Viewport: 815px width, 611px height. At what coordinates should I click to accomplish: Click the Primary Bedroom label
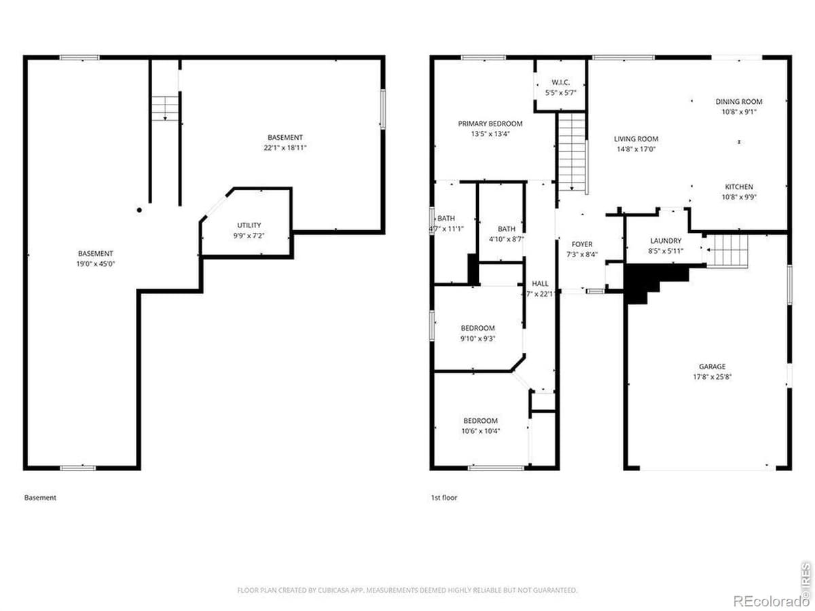(x=490, y=124)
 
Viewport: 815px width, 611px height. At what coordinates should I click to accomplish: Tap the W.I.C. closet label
(x=560, y=82)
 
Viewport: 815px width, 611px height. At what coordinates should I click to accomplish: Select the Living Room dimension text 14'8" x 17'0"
(x=636, y=149)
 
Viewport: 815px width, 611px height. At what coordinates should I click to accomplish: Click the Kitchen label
(x=739, y=187)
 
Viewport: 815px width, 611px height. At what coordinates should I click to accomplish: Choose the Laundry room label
(x=666, y=240)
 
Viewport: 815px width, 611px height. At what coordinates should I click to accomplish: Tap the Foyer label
(x=581, y=244)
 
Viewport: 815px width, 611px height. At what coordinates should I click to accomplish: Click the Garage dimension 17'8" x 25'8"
(x=712, y=377)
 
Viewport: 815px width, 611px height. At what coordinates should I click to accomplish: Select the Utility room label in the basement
(x=249, y=225)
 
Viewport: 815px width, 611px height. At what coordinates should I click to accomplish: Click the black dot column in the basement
(x=139, y=210)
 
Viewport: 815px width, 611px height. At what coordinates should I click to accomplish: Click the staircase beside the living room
(x=572, y=153)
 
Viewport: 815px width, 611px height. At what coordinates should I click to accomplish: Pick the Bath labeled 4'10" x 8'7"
(x=506, y=229)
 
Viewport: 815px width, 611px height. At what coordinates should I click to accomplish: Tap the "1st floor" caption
(x=443, y=498)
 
